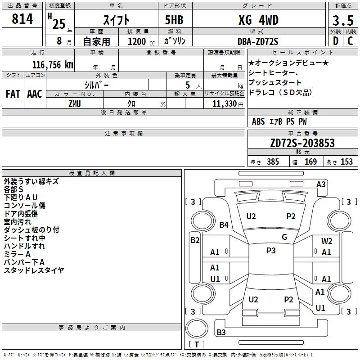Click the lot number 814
click(22, 19)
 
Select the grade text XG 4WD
click(258, 20)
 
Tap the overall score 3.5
click(343, 20)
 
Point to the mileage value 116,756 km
click(53, 65)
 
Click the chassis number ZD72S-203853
click(302, 143)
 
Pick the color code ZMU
click(75, 104)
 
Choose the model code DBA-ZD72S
click(258, 41)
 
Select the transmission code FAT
click(13, 94)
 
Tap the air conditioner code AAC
click(35, 94)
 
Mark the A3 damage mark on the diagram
click(321, 184)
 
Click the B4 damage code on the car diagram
click(224, 225)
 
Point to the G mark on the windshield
click(284, 237)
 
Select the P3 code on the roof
click(271, 251)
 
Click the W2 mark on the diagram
click(327, 241)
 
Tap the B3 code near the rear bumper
click(221, 332)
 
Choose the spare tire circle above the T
click(197, 328)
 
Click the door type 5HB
click(174, 20)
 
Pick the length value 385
click(273, 162)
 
